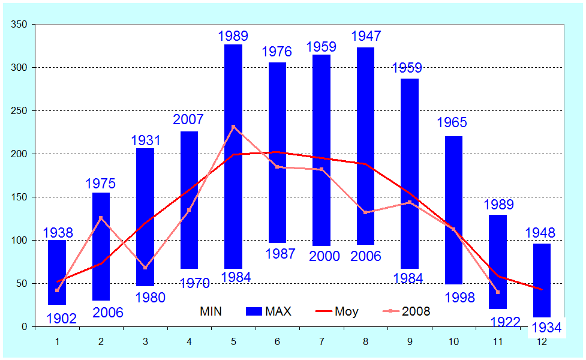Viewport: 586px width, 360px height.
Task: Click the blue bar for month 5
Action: pos(233,156)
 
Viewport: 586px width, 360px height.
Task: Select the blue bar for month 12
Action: pos(542,280)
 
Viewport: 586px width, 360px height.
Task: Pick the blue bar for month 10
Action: pos(454,210)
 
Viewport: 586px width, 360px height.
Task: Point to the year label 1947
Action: pos(365,37)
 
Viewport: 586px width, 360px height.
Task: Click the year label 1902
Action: pos(61,318)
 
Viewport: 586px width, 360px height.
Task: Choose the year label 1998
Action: pos(459,298)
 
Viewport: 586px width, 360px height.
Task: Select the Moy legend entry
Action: pos(336,311)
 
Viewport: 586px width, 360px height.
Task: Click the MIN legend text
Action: pos(211,311)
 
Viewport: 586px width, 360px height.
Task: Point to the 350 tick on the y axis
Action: pos(20,25)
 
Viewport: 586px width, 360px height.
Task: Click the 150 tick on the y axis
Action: pos(20,197)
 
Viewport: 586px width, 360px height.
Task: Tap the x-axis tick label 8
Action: pos(365,341)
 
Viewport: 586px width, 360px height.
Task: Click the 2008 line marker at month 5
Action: pos(233,127)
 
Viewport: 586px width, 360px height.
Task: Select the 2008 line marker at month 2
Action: pos(101,218)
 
